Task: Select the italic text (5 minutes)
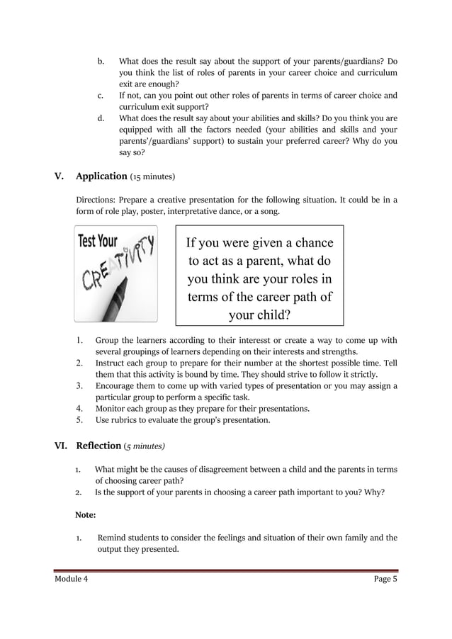[x=145, y=446]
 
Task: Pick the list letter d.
[x=101, y=118]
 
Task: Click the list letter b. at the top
[x=101, y=62]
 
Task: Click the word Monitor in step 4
[x=112, y=409]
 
